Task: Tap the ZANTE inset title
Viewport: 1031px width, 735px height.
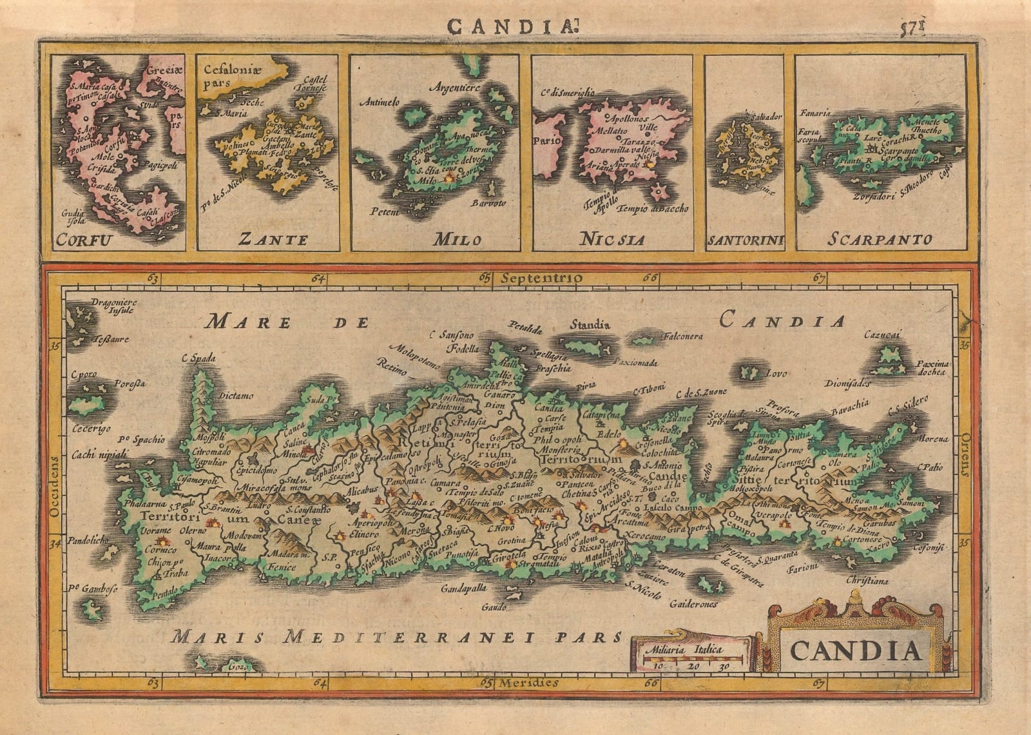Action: click(x=272, y=240)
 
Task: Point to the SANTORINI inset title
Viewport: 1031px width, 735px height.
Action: click(x=746, y=242)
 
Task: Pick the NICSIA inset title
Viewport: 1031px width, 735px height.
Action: click(x=612, y=240)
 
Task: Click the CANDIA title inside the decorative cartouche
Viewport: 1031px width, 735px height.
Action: click(x=854, y=651)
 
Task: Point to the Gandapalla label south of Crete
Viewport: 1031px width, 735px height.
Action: click(x=462, y=589)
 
